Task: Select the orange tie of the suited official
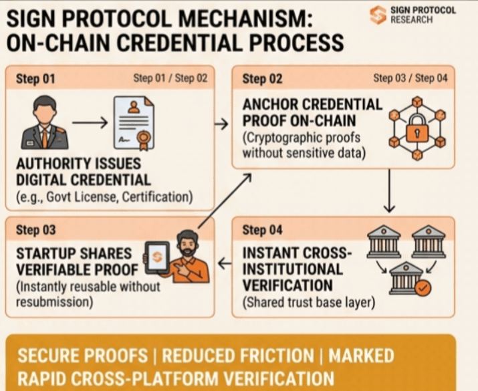tap(44, 136)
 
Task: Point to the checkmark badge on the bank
tap(423, 289)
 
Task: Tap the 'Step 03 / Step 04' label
tap(410, 78)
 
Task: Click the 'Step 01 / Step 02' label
tap(170, 78)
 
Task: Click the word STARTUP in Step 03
tap(45, 254)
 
